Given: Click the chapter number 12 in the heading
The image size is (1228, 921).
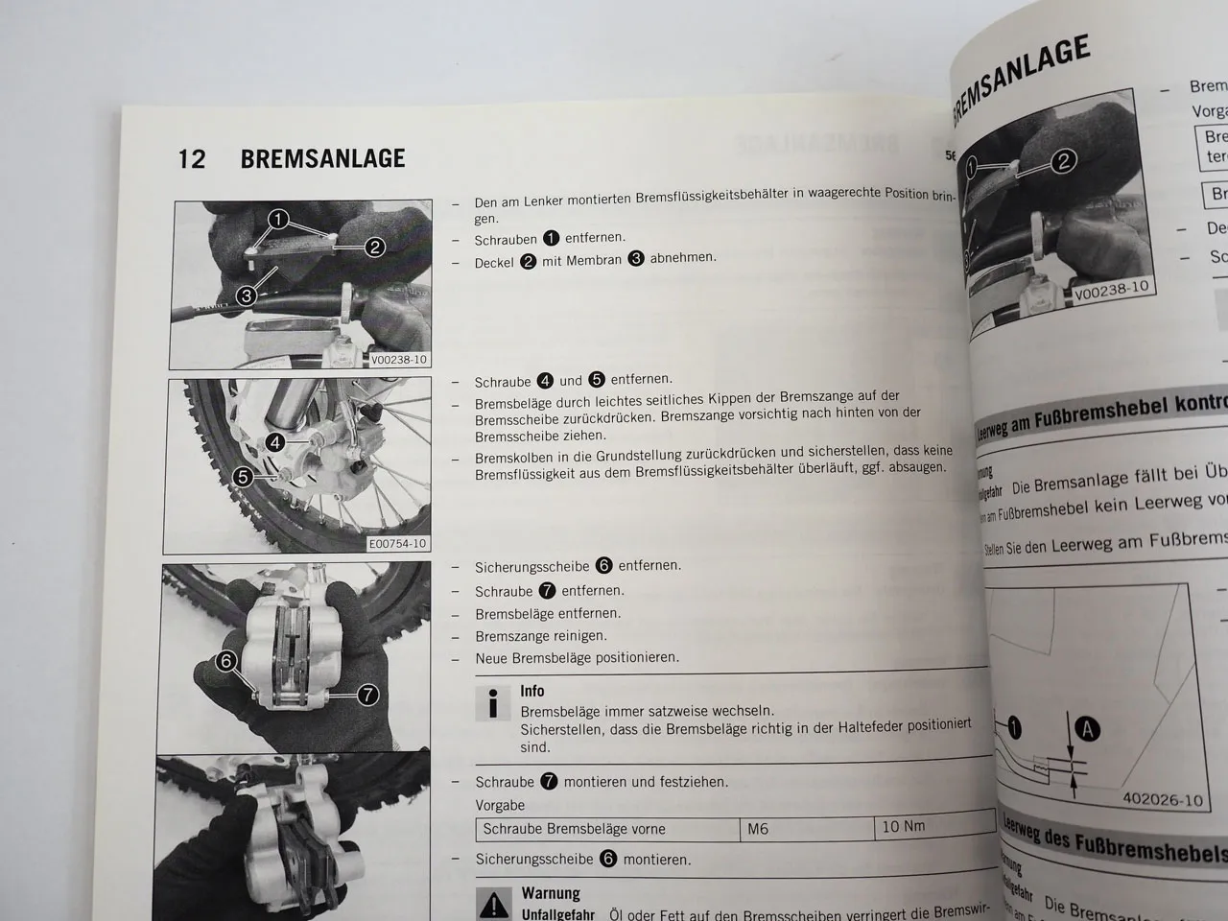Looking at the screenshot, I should point(192,158).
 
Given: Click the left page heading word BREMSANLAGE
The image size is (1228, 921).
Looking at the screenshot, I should point(322,158).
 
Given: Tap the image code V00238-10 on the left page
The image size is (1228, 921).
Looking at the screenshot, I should point(399,360).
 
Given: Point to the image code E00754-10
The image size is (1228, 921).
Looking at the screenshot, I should point(397,544).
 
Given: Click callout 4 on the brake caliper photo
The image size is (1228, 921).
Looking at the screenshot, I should point(275,442).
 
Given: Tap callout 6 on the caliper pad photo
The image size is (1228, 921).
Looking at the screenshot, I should point(226,661).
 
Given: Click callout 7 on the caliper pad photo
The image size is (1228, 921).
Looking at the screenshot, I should point(367,695).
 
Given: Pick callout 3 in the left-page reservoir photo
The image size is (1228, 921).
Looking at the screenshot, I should point(246,295).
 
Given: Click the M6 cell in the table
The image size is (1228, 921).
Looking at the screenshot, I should point(758,829).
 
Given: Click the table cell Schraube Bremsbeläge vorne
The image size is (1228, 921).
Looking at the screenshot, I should point(574,829).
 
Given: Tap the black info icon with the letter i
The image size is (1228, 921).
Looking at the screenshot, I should point(493,703).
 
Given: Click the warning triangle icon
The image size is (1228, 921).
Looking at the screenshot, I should point(494,904).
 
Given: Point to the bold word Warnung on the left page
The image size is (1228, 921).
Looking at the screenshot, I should point(551,893).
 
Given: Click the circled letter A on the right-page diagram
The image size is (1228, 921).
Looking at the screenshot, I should point(1087,730).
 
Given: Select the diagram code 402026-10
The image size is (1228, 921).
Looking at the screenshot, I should point(1161,800).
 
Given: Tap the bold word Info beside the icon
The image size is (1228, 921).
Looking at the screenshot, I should point(531,691).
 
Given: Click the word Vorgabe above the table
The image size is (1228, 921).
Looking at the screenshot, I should point(500,806).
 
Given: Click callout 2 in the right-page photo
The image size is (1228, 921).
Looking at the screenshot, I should point(1063,161).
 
